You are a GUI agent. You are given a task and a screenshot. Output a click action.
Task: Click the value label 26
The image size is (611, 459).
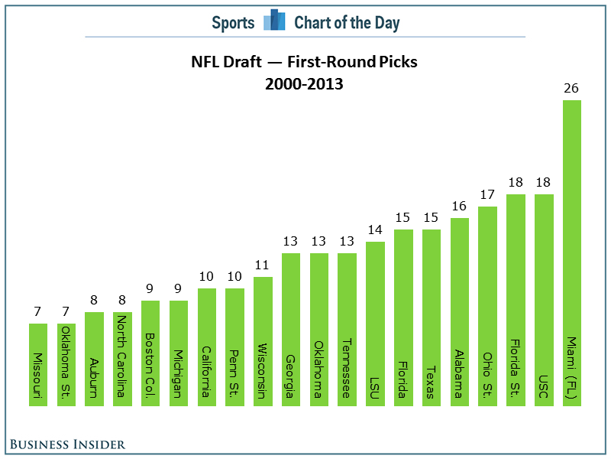tap(571, 88)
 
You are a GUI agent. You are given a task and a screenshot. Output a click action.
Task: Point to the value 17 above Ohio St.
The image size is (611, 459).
tap(487, 194)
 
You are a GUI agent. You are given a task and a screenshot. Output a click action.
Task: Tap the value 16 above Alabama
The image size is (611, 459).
tap(459, 206)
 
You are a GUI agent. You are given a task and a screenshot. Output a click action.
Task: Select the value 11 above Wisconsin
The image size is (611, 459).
tap(263, 265)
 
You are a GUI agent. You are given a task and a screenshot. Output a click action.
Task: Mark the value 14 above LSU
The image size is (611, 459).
tap(375, 229)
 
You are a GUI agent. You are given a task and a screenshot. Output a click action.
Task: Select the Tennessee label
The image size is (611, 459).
tap(347, 368)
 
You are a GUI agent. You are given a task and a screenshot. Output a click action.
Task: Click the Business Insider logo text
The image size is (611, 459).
tap(68, 444)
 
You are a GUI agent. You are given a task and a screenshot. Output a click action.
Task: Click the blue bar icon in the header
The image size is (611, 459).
tap(274, 21)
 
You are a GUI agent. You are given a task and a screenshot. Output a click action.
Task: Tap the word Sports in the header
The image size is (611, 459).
tap(233, 23)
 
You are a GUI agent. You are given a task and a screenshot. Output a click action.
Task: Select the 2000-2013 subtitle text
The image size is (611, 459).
tap(304, 85)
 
